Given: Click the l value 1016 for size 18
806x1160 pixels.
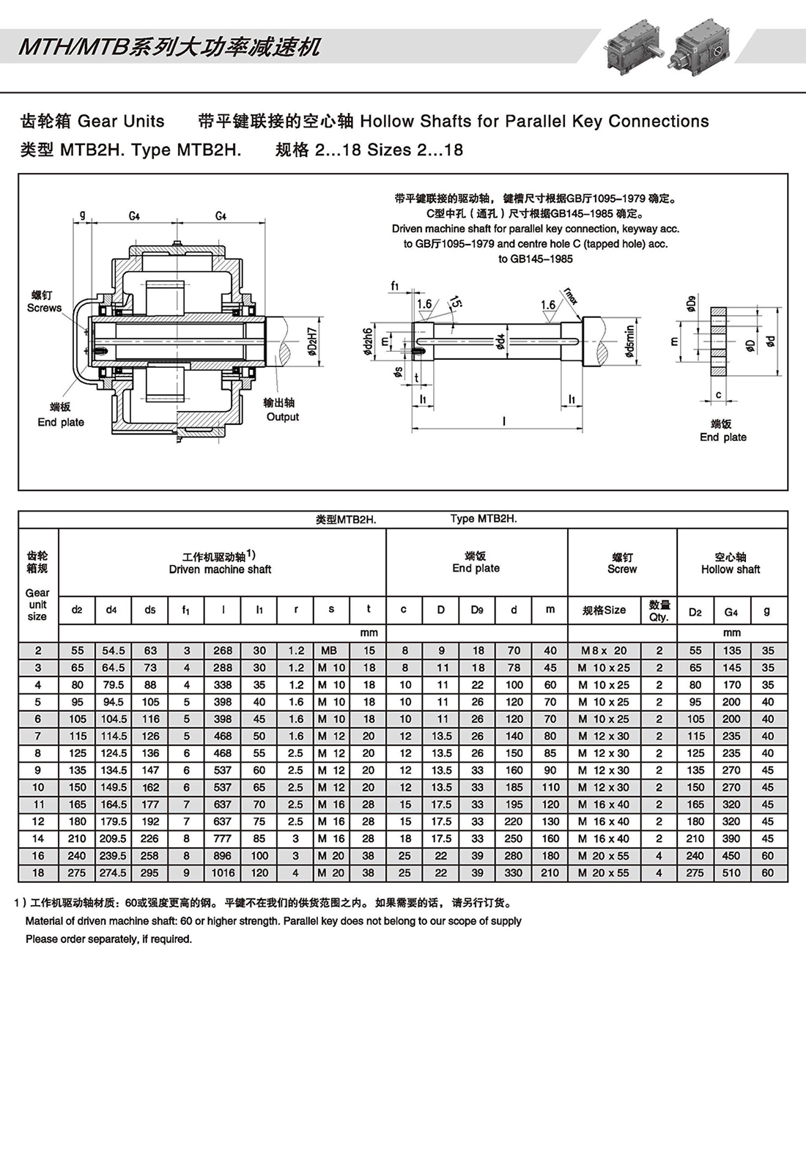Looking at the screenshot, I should [x=223, y=873].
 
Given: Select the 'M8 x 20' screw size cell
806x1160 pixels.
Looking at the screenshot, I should [x=604, y=651].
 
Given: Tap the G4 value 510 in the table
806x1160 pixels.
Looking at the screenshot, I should [x=731, y=873].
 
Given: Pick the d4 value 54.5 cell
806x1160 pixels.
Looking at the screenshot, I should [x=114, y=651].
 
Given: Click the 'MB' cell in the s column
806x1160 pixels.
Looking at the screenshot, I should [x=330, y=651].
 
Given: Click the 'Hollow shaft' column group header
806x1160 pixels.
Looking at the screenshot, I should [x=731, y=563].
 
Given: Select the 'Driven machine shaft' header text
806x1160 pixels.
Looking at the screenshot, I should [x=220, y=569].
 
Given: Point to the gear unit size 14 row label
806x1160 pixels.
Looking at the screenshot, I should [x=38, y=838].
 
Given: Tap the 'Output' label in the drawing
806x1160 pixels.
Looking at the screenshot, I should [x=283, y=417].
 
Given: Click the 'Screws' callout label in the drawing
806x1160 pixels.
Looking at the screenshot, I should [x=44, y=308].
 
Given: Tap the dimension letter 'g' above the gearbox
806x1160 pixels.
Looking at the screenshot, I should [x=83, y=215].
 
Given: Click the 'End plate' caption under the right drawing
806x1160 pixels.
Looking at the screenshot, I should [x=722, y=437].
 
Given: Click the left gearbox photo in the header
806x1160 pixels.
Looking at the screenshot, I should [x=630, y=45].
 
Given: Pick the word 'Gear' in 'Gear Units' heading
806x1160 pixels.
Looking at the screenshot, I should [x=97, y=121].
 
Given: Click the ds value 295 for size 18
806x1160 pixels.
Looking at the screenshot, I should [x=150, y=873].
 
